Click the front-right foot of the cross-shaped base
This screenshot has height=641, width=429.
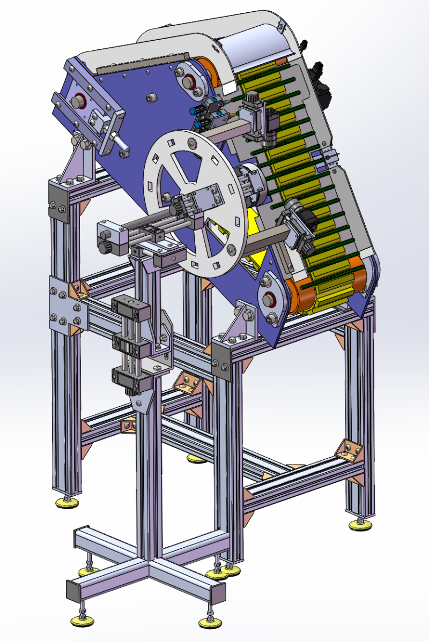tap(210, 622)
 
